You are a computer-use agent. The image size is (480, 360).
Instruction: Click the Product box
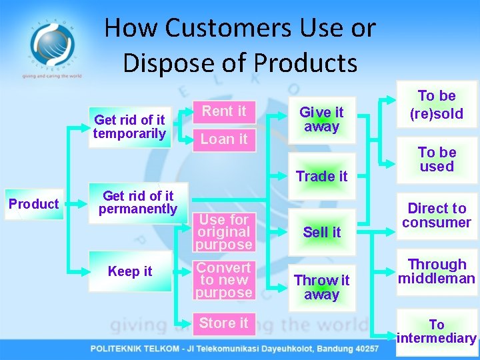pos(33,204)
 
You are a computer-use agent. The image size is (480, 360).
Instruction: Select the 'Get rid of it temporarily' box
pos(130,127)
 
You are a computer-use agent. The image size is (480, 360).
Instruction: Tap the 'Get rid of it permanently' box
pos(138,202)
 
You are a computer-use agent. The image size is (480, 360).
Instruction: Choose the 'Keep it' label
pos(130,271)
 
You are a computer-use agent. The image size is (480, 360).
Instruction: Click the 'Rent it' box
pos(224,111)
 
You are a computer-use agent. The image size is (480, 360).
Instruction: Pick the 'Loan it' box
pos(224,139)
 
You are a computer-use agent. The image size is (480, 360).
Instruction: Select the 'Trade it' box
pos(321,176)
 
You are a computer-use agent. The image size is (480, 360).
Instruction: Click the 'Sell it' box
pos(321,232)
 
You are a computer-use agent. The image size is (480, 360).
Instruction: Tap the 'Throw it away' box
pos(321,287)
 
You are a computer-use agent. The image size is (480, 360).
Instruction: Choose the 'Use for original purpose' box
pos(224,232)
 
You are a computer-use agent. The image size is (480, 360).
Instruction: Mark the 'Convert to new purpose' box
pos(224,280)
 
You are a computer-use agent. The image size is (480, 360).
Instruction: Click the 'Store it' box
pos(224,323)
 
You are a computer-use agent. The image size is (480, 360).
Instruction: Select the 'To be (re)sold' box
pos(437,105)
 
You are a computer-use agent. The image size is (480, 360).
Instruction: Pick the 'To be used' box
pos(437,160)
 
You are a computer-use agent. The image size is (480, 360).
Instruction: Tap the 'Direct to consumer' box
pos(437,215)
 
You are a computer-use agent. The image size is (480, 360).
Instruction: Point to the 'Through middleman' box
pos(437,271)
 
